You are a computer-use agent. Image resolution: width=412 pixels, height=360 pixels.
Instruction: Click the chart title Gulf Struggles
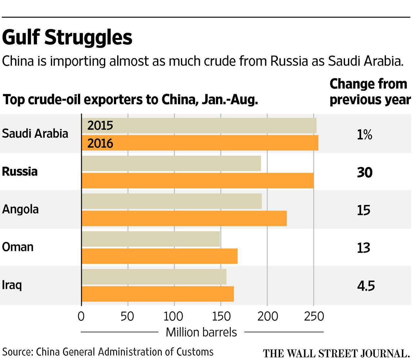pos(67,38)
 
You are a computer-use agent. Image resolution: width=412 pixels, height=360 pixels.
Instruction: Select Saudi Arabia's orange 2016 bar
pos(200,143)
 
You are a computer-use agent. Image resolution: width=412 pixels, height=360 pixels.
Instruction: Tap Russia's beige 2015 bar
pos(171,163)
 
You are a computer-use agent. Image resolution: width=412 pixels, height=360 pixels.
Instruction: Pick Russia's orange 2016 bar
pos(197,180)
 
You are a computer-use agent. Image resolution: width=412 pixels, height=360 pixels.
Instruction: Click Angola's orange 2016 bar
pos(184,218)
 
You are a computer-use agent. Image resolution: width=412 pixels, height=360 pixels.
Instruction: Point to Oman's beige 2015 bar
pos(151,239)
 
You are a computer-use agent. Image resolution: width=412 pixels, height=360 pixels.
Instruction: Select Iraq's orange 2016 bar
pos(157,294)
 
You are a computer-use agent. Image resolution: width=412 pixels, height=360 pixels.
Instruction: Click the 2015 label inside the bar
pos(100,125)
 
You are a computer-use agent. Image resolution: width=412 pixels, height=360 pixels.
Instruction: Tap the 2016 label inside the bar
pos(100,143)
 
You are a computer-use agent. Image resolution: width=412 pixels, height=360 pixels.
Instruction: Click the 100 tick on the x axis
pos(173,317)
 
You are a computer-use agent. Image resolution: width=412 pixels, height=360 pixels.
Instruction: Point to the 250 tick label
pos(314,317)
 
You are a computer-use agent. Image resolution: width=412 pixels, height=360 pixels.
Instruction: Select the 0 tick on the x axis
pos(81,317)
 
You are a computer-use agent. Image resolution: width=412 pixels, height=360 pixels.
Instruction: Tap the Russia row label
pos(20,171)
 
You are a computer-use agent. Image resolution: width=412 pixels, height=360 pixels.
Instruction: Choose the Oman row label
pos(18,247)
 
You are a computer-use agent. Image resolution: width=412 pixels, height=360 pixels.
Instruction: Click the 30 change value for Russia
pos(364,173)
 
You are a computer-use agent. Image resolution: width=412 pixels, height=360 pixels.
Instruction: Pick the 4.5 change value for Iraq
pos(366,286)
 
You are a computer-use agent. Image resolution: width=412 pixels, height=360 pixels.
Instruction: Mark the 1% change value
pos(364,135)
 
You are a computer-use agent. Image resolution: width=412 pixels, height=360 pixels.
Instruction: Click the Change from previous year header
pos(370,92)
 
